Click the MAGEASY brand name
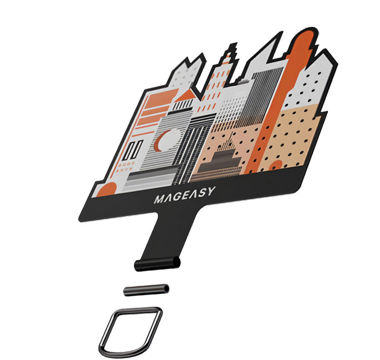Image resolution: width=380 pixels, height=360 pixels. click(x=185, y=195)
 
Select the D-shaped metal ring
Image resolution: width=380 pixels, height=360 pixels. click(x=130, y=332)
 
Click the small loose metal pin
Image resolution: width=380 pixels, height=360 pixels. click(x=146, y=290)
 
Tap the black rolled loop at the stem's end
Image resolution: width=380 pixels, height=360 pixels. click(x=157, y=264)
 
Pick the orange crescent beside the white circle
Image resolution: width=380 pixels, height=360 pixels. click(x=158, y=141)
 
